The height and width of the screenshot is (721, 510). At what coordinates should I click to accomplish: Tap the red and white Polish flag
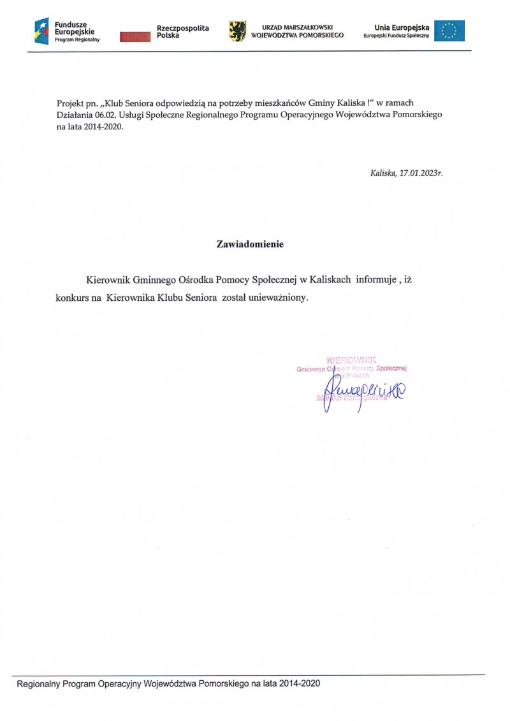[x=135, y=36]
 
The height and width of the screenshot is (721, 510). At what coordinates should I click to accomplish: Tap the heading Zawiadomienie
[x=250, y=244]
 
